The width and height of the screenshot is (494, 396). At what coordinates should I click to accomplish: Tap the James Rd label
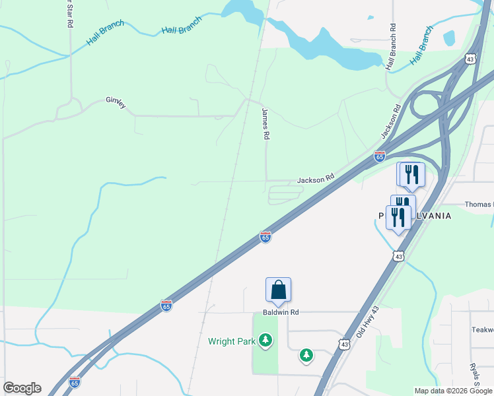(266, 123)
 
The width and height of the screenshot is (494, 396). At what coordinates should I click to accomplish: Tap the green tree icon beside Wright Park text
(265, 341)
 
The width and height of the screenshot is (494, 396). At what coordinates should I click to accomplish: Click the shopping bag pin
(278, 290)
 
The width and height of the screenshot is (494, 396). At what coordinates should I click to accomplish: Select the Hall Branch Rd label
(392, 48)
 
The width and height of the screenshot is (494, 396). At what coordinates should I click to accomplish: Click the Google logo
(22, 388)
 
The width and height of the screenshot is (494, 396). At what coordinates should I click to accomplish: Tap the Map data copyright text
(453, 391)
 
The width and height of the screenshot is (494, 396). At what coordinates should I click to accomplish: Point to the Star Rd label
(69, 13)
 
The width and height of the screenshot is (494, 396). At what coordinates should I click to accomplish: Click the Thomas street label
(479, 205)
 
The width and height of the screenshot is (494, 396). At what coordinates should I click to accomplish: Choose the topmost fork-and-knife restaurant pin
(411, 174)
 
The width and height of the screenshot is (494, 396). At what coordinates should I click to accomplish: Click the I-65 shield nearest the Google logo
(75, 382)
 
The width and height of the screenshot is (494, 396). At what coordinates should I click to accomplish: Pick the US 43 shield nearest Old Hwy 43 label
(343, 344)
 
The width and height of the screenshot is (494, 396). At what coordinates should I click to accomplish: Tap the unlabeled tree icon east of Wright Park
(306, 356)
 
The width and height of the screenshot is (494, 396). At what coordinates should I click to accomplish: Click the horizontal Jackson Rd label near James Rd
(316, 179)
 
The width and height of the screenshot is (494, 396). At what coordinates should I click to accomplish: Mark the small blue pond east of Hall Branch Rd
(449, 38)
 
